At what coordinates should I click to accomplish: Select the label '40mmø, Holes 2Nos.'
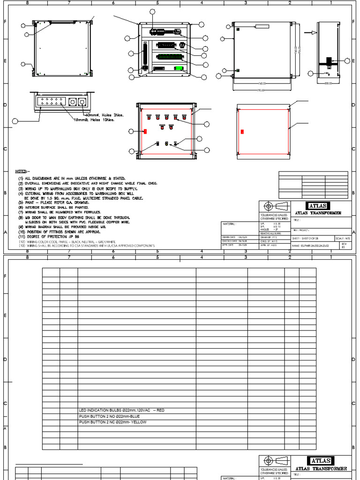pos(104,115)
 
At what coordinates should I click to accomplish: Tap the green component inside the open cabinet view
pos(178,68)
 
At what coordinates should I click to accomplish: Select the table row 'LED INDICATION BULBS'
pos(122,410)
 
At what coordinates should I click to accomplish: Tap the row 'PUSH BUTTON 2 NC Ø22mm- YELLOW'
pos(113,422)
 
